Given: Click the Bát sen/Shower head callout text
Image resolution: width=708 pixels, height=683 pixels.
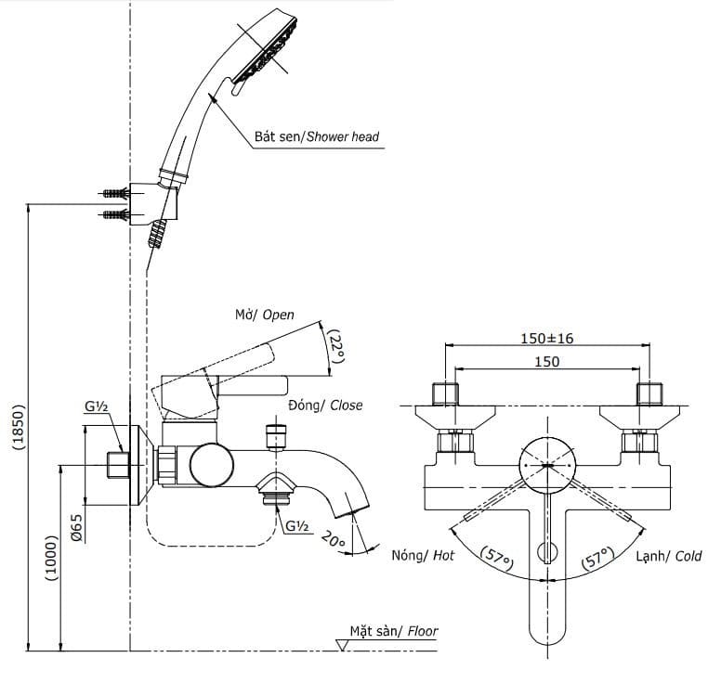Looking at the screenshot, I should [317, 136].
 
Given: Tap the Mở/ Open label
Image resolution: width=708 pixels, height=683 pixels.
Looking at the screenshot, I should [264, 315].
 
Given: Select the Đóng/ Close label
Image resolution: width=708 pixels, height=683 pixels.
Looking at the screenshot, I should [325, 406].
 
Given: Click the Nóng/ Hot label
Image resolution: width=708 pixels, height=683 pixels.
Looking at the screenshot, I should [423, 556].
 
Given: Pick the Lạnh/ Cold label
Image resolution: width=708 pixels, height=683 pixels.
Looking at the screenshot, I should [669, 556].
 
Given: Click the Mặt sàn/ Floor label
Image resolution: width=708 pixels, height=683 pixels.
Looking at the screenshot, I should [393, 632].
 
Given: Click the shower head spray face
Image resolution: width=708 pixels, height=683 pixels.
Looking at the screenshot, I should [269, 54].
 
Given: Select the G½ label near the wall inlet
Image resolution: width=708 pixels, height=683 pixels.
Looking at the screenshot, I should [98, 406].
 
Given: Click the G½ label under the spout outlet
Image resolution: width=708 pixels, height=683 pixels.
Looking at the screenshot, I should [297, 526].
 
